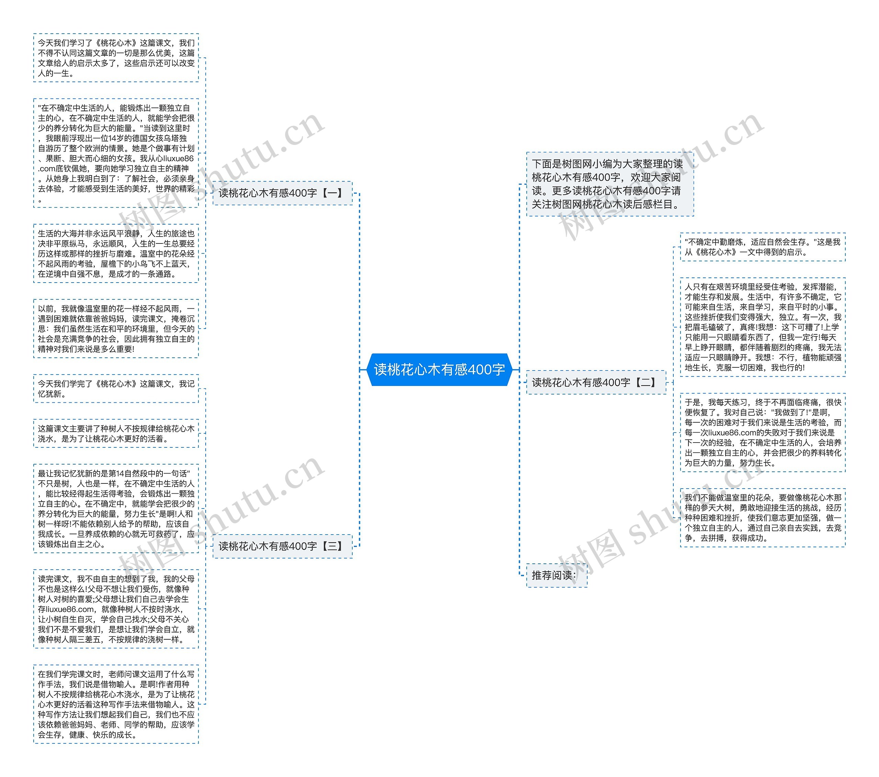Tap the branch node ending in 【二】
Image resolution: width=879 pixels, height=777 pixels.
click(x=596, y=382)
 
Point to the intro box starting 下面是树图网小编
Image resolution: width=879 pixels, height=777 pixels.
click(x=609, y=184)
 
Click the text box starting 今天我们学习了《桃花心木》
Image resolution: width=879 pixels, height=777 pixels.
click(x=116, y=58)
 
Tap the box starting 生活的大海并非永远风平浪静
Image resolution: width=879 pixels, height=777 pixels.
click(x=116, y=254)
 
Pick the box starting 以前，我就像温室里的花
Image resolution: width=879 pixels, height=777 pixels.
click(x=116, y=329)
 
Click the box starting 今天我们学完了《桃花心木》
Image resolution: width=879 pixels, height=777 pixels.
click(x=116, y=389)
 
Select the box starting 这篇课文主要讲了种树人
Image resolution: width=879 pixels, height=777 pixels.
click(x=116, y=433)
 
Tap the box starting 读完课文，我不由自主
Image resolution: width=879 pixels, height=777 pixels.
click(x=116, y=609)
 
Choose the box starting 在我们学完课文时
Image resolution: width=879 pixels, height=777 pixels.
click(x=116, y=704)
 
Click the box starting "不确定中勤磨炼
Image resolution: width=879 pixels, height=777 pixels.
click(x=763, y=247)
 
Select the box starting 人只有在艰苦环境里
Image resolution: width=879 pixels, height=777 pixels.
click(x=763, y=327)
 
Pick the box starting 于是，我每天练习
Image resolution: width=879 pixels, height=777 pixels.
click(x=763, y=433)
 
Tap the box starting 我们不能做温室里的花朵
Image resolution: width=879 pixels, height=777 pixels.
click(x=763, y=518)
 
